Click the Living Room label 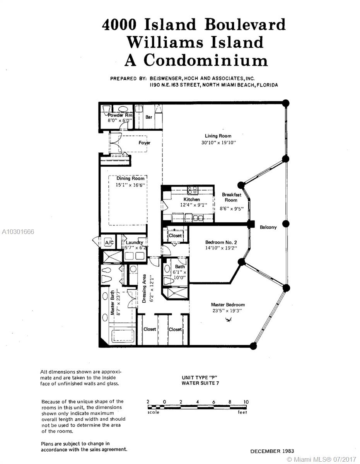point(218,136)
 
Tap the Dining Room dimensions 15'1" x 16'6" point(130,185)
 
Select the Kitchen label point(191,200)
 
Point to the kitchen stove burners point(193,190)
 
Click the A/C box point(109,242)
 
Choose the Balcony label point(268,227)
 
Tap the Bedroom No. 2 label point(221,242)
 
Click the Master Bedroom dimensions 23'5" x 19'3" point(227,310)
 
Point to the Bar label point(148,117)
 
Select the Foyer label point(144,143)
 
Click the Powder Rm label point(120,115)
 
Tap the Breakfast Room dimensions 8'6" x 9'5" point(232,209)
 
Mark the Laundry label point(134,242)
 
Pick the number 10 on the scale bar point(246,402)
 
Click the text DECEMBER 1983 point(272,451)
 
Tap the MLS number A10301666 point(18,232)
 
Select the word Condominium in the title point(206,60)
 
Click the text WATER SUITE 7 point(200,383)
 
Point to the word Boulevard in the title point(245,24)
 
